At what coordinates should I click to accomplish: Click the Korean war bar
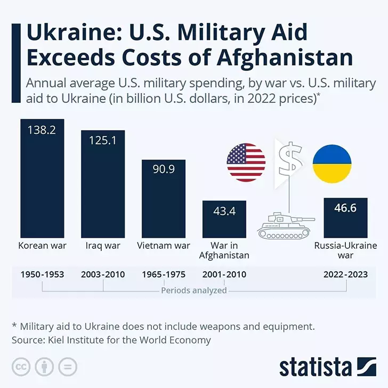(42, 179)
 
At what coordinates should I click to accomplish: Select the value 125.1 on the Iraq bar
(102, 141)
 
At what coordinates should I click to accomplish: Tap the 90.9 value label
(163, 169)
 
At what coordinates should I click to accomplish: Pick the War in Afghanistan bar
(224, 219)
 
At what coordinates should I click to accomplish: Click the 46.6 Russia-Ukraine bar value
(345, 208)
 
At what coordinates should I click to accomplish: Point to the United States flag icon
(246, 163)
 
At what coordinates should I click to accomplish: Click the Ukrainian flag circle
(332, 163)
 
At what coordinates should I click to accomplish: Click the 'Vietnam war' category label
(163, 246)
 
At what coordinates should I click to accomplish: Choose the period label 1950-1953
(42, 275)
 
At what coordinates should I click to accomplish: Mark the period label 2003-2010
(103, 275)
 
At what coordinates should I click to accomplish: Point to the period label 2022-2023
(345, 275)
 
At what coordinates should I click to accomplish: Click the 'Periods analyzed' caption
(193, 290)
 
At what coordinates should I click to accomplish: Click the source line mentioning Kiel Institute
(111, 340)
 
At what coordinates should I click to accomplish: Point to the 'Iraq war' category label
(103, 246)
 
